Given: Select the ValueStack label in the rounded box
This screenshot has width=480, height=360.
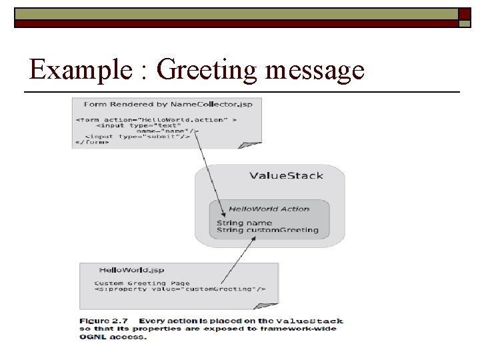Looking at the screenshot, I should point(286,176).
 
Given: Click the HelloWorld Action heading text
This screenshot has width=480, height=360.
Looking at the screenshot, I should point(269,209).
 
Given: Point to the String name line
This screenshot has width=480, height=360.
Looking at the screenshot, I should point(244,223).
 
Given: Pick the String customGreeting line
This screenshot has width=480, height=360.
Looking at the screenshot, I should point(267,231).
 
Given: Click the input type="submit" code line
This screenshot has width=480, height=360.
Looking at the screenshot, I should point(137,137).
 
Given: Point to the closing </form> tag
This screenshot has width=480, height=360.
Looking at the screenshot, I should point(92,143).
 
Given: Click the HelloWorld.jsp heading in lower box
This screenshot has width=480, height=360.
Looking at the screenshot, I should point(131,270).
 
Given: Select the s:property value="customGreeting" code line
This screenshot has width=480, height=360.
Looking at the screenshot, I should point(180,289).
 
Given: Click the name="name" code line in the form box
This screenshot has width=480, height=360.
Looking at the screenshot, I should point(167,131).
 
